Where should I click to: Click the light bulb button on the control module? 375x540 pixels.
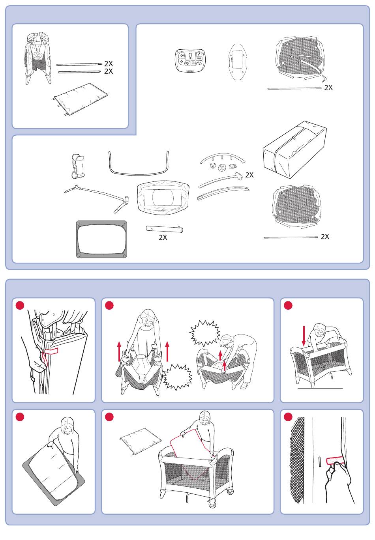click(x=190, y=56)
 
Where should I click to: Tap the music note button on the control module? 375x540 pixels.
click(x=199, y=54)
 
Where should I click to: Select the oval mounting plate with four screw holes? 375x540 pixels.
click(x=238, y=62)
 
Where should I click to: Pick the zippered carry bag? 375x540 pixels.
click(x=294, y=150)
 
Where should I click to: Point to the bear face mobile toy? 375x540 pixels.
click(x=213, y=166)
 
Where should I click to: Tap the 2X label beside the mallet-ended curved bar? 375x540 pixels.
click(x=249, y=175)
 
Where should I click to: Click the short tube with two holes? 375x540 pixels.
click(x=165, y=229)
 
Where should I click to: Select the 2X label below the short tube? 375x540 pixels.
click(x=163, y=237)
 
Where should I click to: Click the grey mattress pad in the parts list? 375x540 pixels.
click(x=101, y=239)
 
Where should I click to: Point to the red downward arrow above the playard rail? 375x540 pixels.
click(x=304, y=336)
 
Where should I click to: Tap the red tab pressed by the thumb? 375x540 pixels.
click(x=335, y=461)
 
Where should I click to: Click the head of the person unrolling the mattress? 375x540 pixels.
click(x=67, y=426)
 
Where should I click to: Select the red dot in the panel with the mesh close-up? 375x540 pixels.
click(x=288, y=417)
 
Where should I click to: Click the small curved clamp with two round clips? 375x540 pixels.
click(x=77, y=166)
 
